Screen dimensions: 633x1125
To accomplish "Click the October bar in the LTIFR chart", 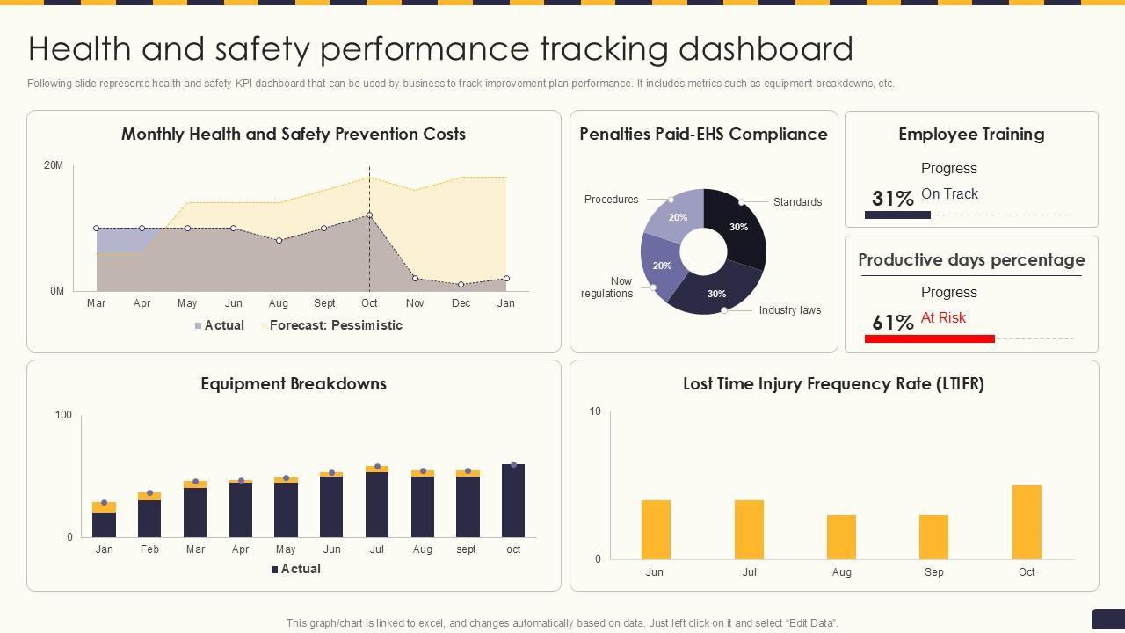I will (x=1027, y=522).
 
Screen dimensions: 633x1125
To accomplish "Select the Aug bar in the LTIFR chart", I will (x=841, y=537).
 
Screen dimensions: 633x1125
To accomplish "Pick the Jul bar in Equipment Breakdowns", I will (x=377, y=503).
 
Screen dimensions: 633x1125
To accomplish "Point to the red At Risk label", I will (x=943, y=318).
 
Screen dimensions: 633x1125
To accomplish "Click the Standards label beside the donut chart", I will (x=797, y=202).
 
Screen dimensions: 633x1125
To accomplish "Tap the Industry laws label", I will (x=789, y=310).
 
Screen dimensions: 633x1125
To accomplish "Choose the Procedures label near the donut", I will (x=611, y=200).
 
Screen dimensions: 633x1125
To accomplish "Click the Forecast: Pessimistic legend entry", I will (x=335, y=325).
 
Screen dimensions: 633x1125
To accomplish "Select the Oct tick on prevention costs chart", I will (x=369, y=303).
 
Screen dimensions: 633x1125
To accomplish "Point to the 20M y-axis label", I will (x=54, y=165).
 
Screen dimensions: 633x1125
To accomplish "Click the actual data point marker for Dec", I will (x=461, y=285).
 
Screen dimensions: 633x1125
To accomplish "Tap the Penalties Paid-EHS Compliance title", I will (x=703, y=135).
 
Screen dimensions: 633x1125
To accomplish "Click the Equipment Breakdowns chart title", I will (x=294, y=384).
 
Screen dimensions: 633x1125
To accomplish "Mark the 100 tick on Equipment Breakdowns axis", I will (x=63, y=415).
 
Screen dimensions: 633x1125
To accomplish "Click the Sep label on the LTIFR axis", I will (x=933, y=572).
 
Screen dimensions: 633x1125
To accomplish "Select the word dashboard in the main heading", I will (x=766, y=49).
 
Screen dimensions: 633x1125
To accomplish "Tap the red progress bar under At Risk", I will (x=929, y=338).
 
